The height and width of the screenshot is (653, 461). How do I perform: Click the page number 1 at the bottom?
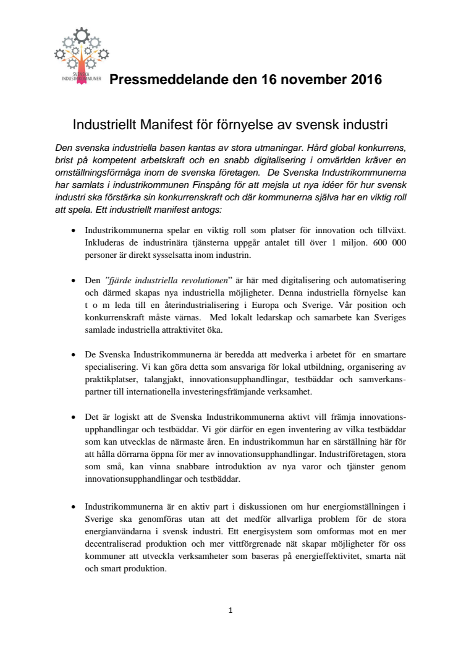pos(230,610)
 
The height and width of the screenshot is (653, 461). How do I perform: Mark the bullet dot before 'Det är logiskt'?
pos(74,413)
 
